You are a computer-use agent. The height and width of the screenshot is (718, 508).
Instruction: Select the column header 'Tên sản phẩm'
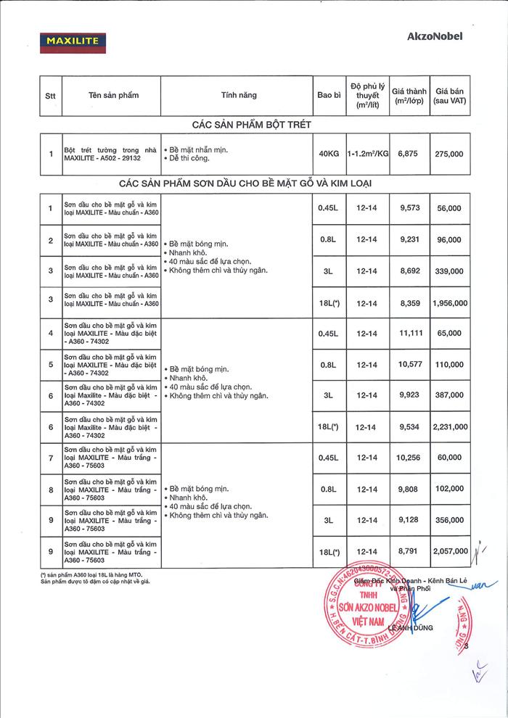point(113,95)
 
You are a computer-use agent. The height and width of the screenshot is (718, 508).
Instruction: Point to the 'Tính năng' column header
point(238,95)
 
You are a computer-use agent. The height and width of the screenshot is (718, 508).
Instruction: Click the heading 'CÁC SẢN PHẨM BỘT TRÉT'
point(252,125)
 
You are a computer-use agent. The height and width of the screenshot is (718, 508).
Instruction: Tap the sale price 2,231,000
point(449,427)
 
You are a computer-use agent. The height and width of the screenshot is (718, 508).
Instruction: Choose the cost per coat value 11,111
point(410,334)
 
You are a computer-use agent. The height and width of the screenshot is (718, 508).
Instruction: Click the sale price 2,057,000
point(449,552)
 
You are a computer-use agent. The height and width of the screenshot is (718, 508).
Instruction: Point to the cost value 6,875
point(410,154)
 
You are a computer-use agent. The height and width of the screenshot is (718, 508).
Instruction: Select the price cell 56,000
point(449,208)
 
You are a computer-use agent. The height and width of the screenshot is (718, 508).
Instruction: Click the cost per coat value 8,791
point(410,552)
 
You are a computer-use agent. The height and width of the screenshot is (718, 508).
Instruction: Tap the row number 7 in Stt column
point(50,458)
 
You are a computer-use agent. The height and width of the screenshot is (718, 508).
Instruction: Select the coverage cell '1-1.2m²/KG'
point(368,154)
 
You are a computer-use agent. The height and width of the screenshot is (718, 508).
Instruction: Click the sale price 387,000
point(449,396)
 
